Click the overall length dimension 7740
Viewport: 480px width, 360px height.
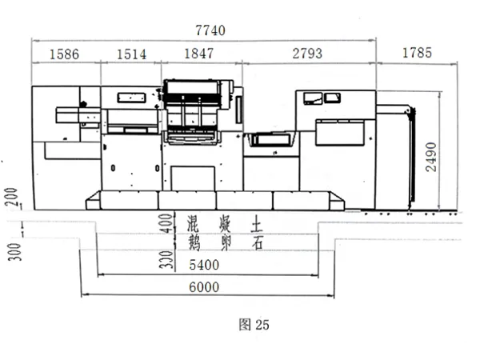[x=210, y=30]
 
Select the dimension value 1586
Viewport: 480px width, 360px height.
[x=64, y=54]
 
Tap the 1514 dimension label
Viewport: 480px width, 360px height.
[x=132, y=54]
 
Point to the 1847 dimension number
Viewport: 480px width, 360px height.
[x=198, y=54]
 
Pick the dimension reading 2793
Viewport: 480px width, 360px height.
[x=307, y=54]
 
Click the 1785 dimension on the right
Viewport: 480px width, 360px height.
[x=417, y=53]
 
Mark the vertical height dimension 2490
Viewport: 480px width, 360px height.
[x=431, y=157]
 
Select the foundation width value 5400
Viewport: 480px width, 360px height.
[x=204, y=265]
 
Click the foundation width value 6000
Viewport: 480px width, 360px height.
[x=204, y=287]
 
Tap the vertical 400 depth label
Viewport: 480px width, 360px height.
[x=166, y=223]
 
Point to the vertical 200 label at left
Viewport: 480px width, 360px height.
[x=12, y=197]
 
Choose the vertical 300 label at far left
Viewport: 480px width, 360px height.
[x=14, y=252]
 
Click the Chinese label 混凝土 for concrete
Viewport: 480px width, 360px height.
[x=225, y=224]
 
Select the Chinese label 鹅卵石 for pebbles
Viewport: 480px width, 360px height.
[x=225, y=243]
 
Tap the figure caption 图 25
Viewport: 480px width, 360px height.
[x=254, y=325]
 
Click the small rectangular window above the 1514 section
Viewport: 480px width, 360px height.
[x=131, y=98]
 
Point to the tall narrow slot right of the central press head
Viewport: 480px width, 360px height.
[x=238, y=110]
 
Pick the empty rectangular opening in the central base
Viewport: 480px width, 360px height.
[x=193, y=178]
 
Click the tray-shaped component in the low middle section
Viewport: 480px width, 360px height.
[x=270, y=139]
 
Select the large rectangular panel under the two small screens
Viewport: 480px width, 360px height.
[x=341, y=133]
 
